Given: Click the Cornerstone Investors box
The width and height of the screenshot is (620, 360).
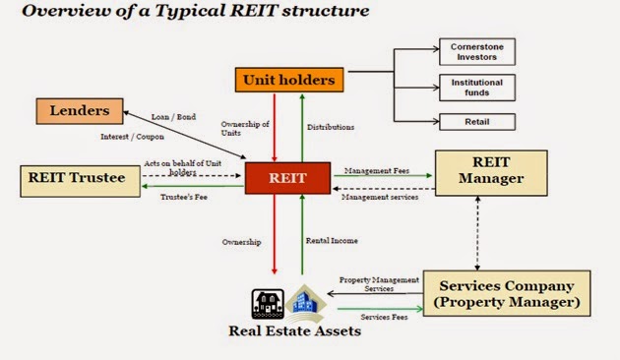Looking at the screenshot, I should point(476,52).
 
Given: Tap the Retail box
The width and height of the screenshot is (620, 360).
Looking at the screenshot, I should point(476,122).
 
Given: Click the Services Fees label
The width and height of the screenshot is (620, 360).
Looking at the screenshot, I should point(386,317).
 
